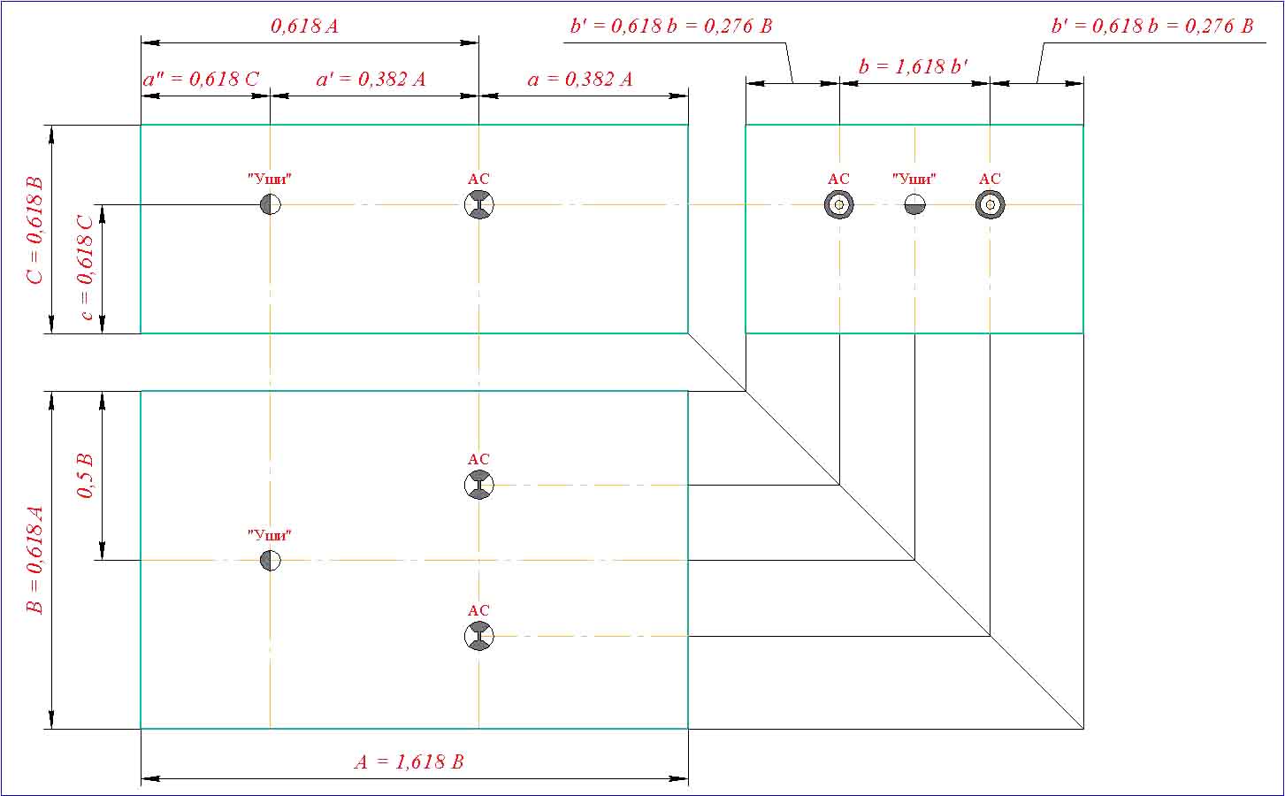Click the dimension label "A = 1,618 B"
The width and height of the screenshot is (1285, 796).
(409, 762)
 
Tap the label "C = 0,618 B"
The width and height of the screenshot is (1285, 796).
(35, 230)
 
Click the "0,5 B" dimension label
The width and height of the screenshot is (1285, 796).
(86, 475)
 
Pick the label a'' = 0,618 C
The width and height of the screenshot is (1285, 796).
(202, 80)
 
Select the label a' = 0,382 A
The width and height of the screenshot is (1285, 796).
(371, 80)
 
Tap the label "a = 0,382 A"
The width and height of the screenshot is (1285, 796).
(580, 80)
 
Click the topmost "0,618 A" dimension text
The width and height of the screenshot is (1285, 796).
(304, 26)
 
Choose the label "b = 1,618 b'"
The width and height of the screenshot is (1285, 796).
(914, 66)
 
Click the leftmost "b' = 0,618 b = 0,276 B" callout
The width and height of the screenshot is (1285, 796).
(671, 26)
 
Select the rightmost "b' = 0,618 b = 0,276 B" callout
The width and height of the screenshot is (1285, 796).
(1152, 26)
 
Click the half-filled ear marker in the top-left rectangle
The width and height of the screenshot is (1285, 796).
(271, 205)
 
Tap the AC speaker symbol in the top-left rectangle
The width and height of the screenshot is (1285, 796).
(478, 205)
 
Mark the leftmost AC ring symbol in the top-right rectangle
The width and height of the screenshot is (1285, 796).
(838, 205)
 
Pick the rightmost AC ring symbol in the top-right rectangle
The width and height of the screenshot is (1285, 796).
(990, 205)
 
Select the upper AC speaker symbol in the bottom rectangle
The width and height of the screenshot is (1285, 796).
(478, 485)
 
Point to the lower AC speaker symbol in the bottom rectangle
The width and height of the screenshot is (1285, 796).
(478, 636)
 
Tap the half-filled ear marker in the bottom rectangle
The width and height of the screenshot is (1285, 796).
(271, 561)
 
